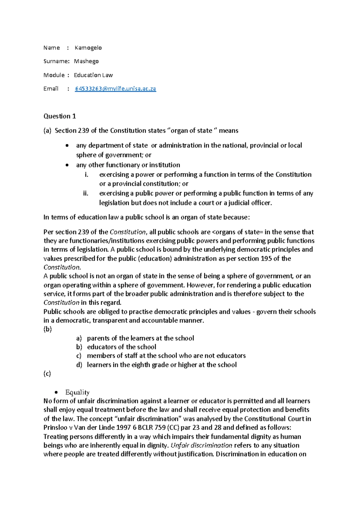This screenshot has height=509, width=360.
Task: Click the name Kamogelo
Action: point(88,48)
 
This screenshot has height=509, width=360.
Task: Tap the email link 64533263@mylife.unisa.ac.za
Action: point(115,89)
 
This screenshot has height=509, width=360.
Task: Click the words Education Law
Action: point(93,75)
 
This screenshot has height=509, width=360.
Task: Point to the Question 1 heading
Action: point(60,116)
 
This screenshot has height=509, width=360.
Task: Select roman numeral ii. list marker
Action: point(86,193)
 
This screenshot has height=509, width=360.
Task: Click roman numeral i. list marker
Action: point(86,175)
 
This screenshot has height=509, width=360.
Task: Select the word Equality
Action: point(77,393)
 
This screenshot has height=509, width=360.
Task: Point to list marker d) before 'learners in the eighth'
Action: point(79,365)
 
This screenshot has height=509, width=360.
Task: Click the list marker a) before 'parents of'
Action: point(79,339)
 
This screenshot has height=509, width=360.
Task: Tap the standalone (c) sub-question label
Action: point(47,374)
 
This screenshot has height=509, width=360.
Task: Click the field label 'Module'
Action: point(54,75)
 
